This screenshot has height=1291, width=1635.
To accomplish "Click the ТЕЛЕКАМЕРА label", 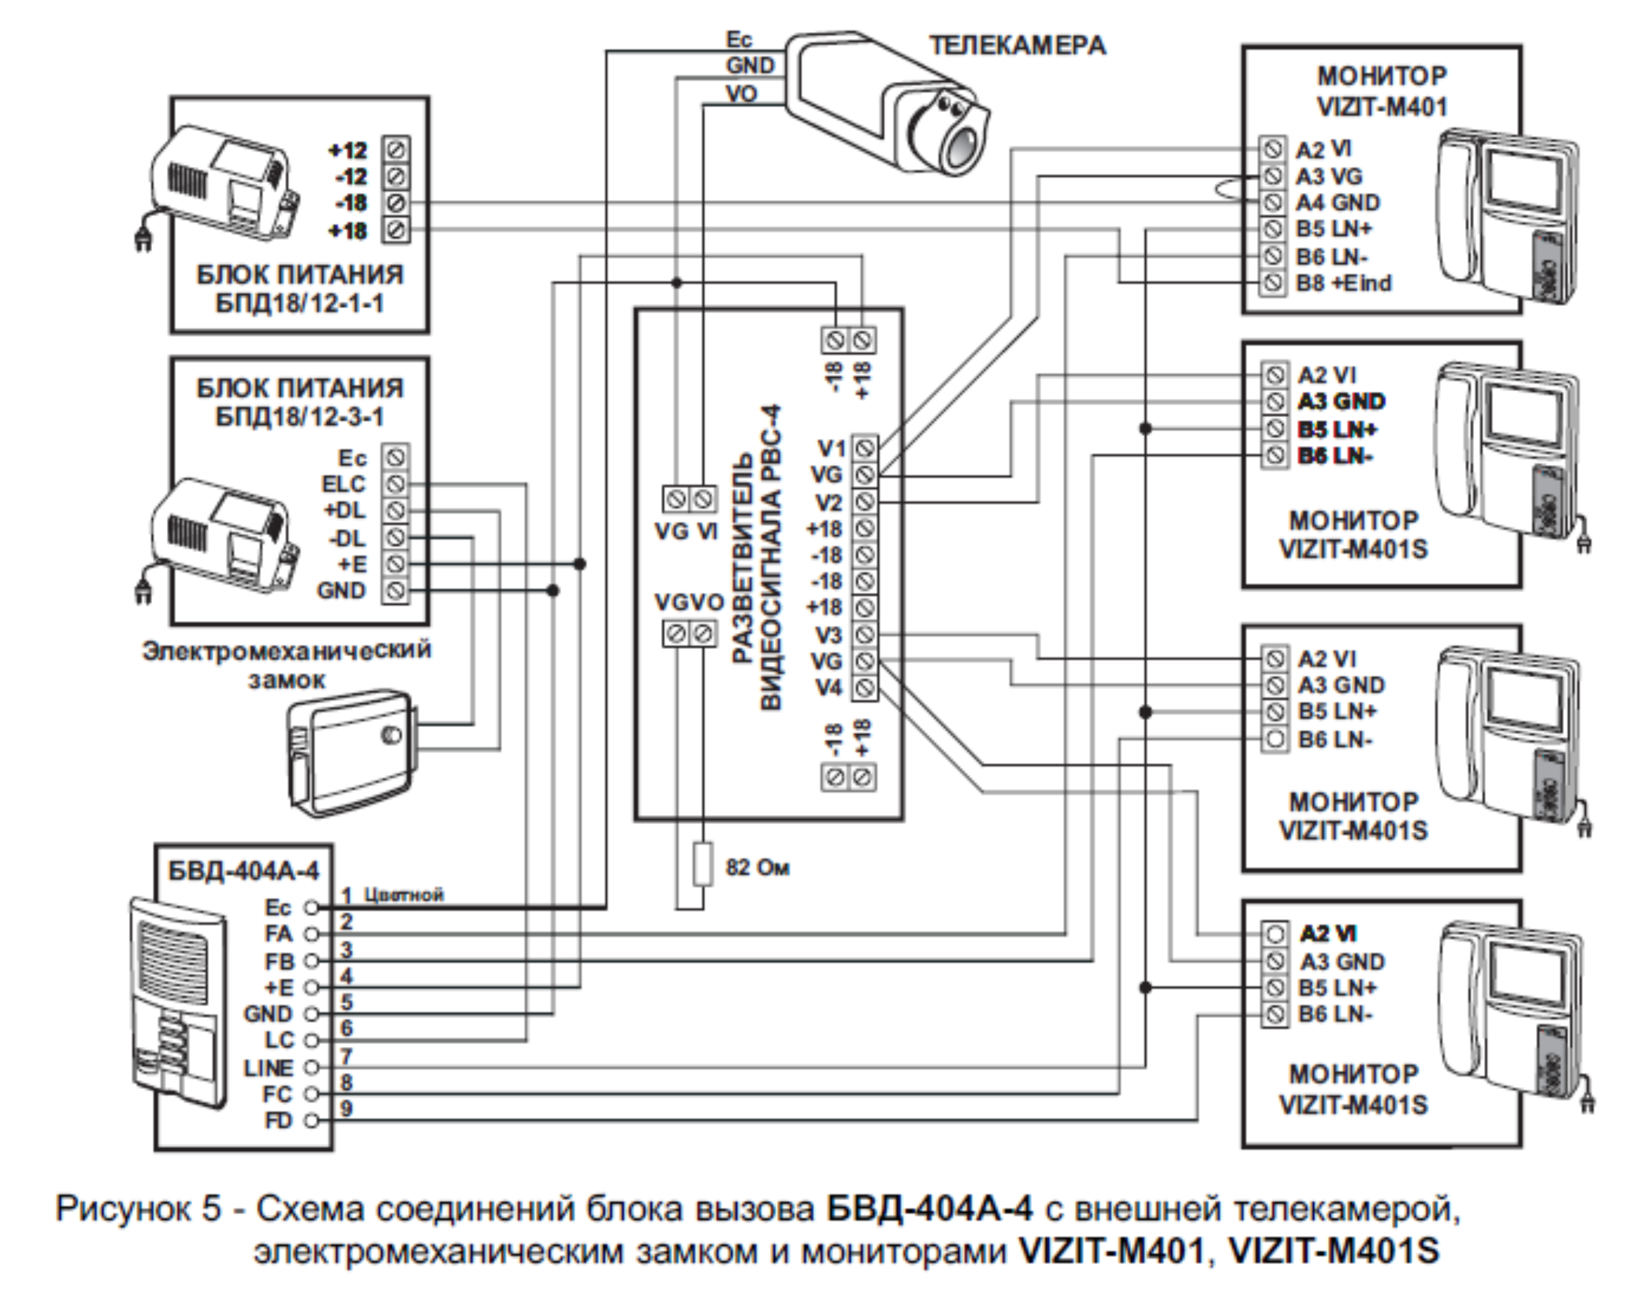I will [x=1017, y=46].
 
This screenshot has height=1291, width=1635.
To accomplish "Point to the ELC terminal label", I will [x=344, y=484].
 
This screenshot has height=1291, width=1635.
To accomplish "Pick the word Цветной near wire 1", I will [x=404, y=895].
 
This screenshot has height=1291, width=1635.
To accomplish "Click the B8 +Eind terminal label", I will [x=1343, y=283].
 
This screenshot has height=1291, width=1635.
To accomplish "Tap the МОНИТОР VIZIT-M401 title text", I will [x=1382, y=91].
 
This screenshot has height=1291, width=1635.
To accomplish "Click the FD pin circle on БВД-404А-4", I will [x=310, y=1121].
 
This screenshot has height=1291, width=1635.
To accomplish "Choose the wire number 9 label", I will [x=346, y=1109].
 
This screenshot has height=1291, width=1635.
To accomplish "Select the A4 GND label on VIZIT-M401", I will [x=1337, y=203].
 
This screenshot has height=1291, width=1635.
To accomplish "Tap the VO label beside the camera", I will [x=741, y=94].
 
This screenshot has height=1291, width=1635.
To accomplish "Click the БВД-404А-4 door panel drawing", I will [x=178, y=997].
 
